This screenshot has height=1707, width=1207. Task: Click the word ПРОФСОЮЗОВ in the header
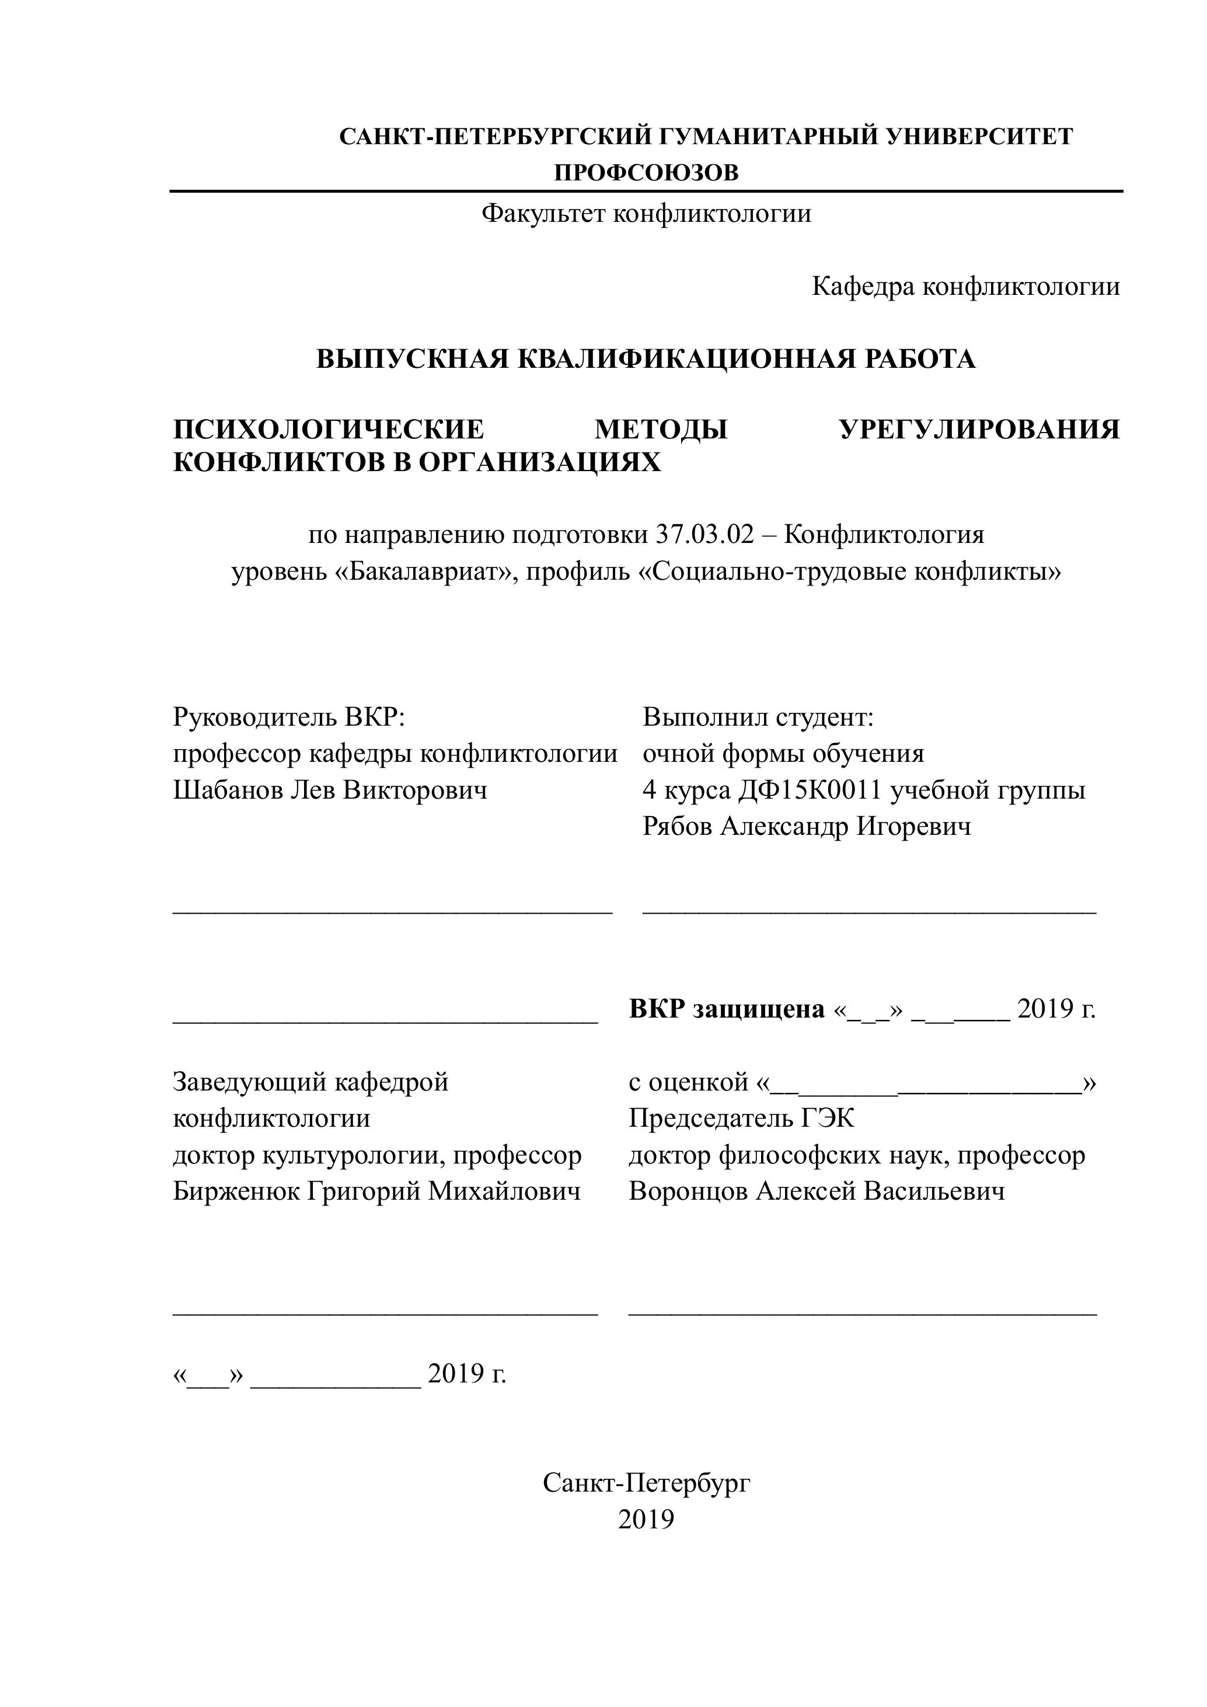pyautogui.click(x=646, y=173)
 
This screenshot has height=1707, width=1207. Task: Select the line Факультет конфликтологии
pyautogui.click(x=646, y=214)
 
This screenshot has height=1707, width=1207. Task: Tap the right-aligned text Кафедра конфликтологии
pyautogui.click(x=965, y=286)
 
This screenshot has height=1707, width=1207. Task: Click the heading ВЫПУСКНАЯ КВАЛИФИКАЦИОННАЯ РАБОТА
pyautogui.click(x=646, y=359)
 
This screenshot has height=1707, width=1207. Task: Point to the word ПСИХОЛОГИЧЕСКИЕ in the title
pyautogui.click(x=329, y=430)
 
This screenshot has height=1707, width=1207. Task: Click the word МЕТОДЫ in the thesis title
pyautogui.click(x=661, y=430)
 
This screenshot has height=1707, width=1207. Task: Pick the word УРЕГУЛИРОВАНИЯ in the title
pyautogui.click(x=979, y=430)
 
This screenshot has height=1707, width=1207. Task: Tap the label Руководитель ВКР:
pyautogui.click(x=289, y=717)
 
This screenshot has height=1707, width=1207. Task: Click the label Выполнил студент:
pyautogui.click(x=758, y=717)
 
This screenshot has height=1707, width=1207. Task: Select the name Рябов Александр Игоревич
pyautogui.click(x=807, y=826)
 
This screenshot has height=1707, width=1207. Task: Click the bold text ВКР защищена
pyautogui.click(x=727, y=1009)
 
